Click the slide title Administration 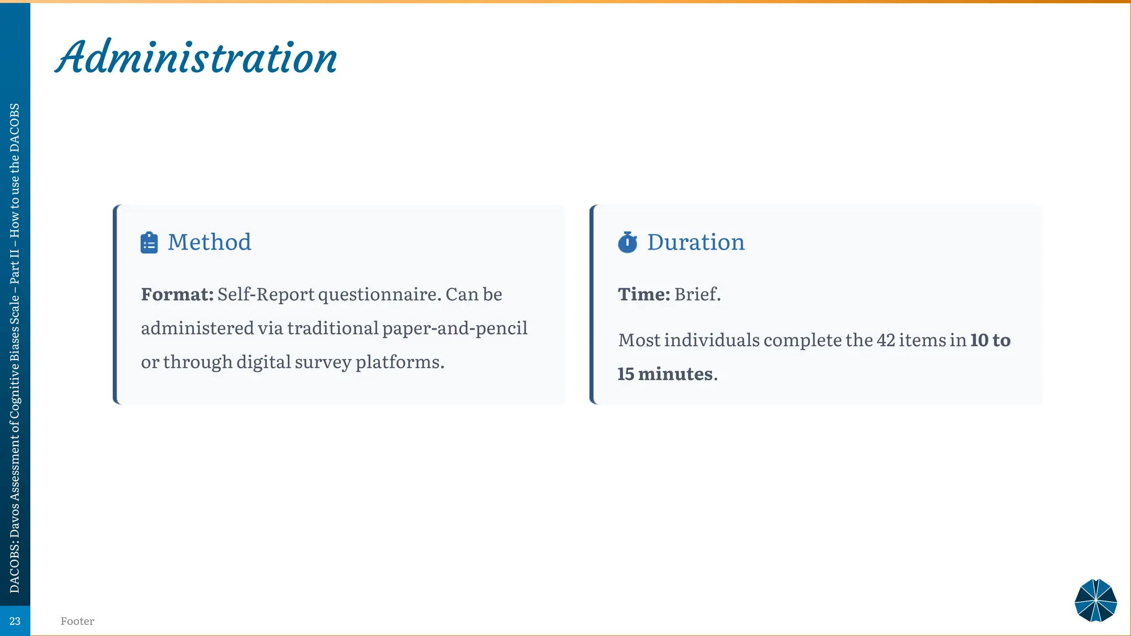196,58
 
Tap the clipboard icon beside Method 149,242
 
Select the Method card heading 209,242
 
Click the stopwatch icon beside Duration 627,242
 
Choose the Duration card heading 696,242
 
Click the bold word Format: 177,294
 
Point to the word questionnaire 379,295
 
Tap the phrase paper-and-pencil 454,328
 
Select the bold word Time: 643,294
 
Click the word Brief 697,294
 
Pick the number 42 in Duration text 885,340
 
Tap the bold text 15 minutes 665,374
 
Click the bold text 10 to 990,340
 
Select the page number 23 15,621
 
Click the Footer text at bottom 77,621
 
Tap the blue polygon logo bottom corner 1096,600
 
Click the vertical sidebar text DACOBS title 15,348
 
